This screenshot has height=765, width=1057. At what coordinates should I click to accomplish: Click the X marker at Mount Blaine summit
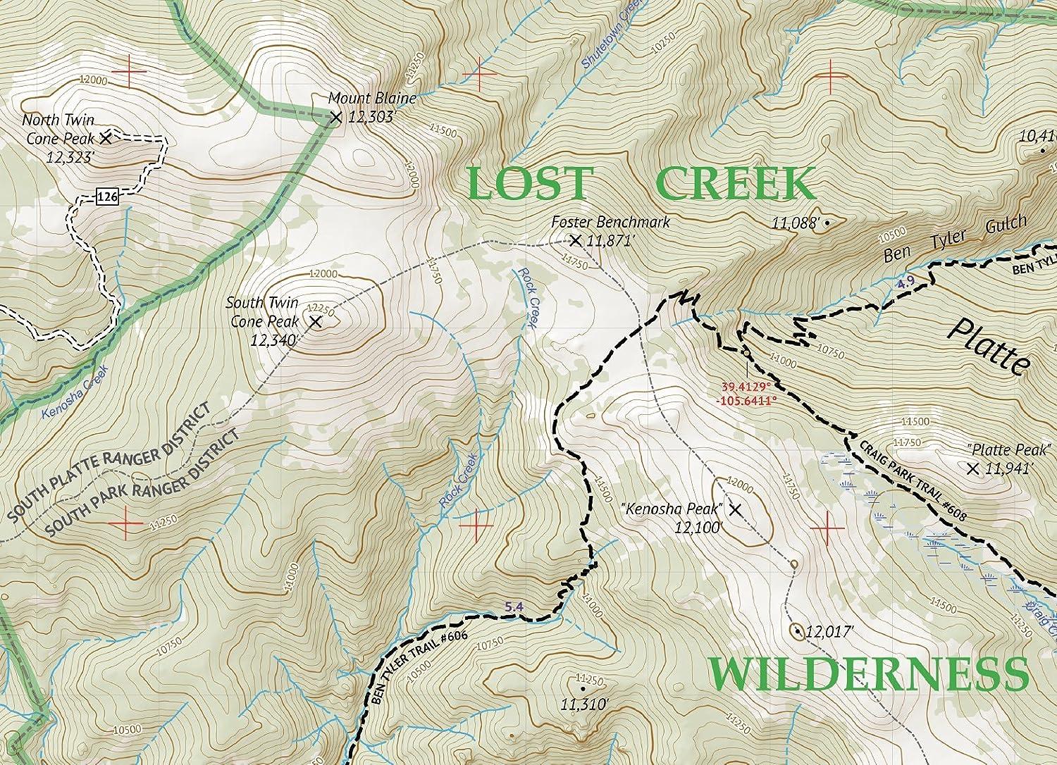[335, 118]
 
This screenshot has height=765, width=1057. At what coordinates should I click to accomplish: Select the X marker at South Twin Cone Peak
[315, 322]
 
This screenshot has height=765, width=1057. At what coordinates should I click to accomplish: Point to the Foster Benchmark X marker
[575, 240]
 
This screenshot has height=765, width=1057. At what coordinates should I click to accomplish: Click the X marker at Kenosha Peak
[735, 509]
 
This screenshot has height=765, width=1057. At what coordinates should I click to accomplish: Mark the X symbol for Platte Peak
[973, 468]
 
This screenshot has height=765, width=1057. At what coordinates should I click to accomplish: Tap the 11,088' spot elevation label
[796, 223]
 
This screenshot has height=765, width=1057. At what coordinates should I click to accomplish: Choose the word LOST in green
[527, 183]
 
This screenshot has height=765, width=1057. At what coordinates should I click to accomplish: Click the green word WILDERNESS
[868, 673]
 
